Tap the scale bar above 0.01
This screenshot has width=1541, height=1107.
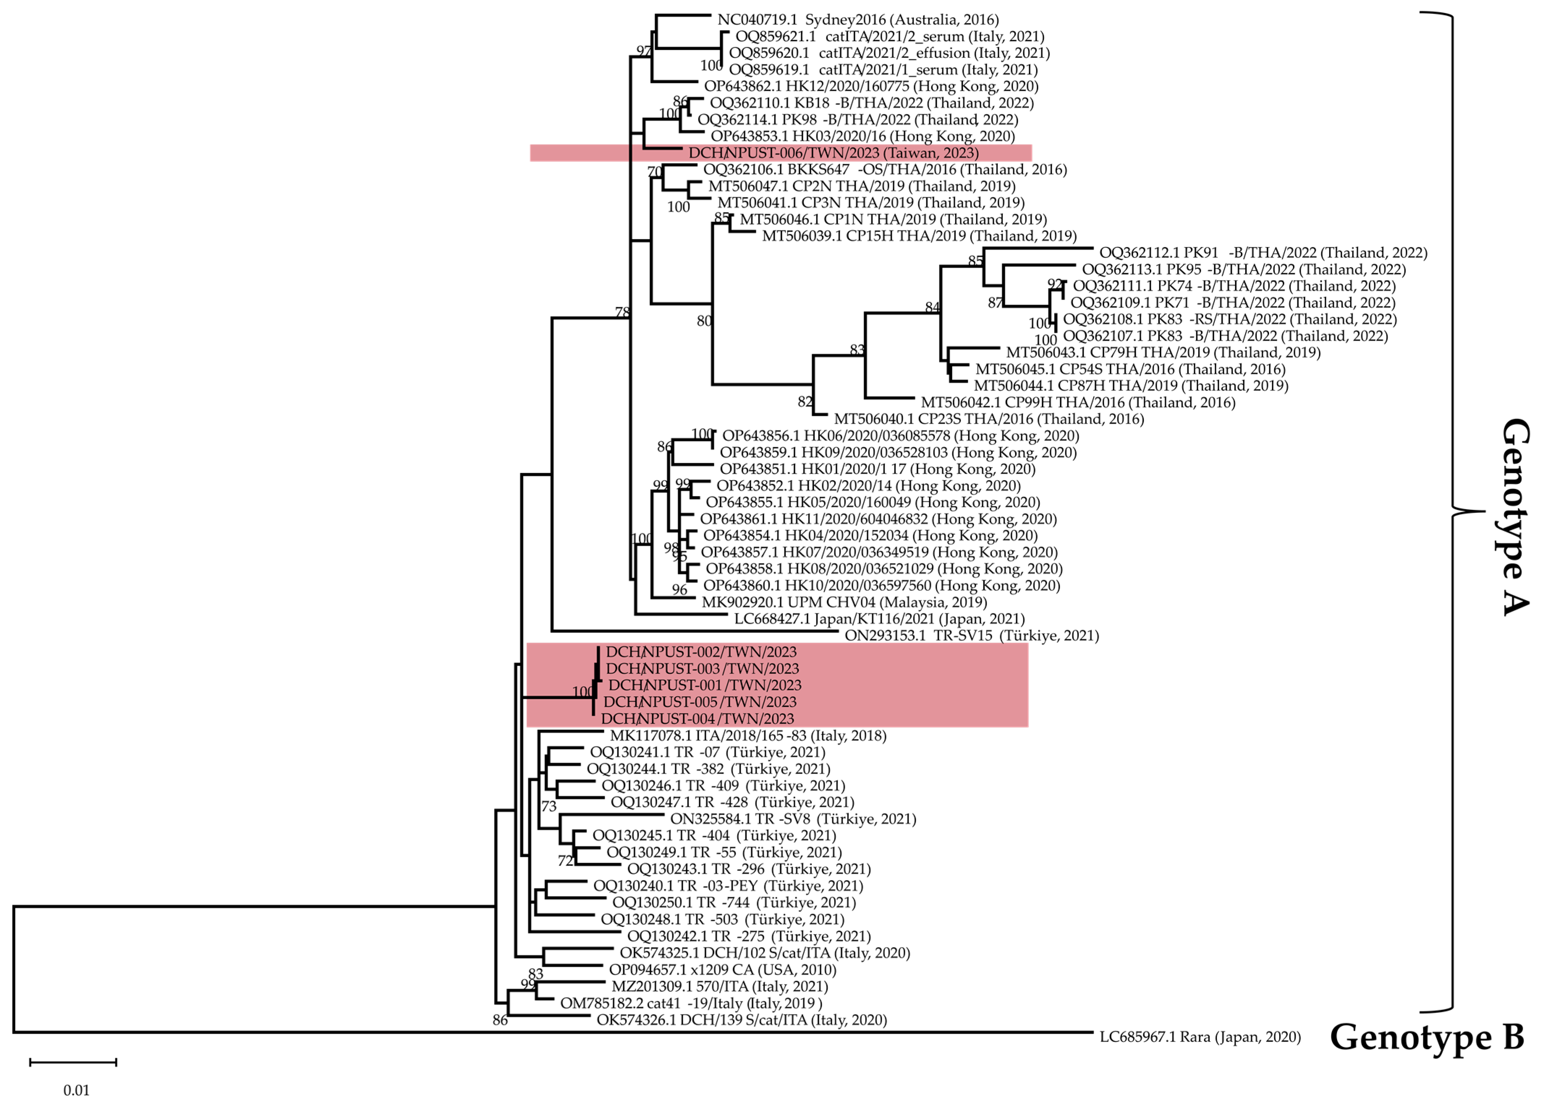[73, 1061]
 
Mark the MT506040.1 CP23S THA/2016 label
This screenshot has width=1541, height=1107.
[989, 419]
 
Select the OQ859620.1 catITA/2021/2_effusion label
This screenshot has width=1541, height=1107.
[889, 53]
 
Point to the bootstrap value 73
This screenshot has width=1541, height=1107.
[549, 806]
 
